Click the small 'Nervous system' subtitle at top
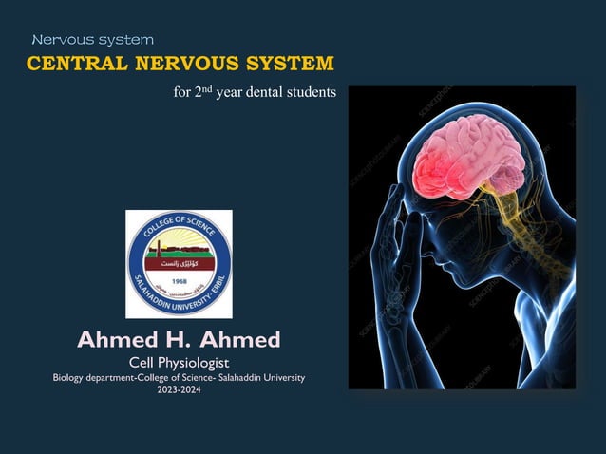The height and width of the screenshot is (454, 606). tap(92, 40)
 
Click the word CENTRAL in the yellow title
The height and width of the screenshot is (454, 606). tap(70, 65)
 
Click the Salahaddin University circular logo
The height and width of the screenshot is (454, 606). tap(179, 263)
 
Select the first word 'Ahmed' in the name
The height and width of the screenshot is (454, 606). tap(118, 339)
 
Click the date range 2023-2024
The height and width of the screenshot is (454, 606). tap(179, 389)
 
